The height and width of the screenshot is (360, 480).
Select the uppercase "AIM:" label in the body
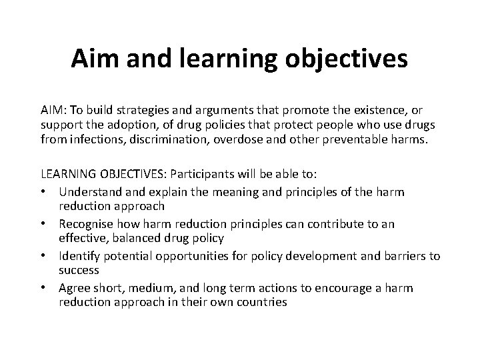tap(52, 109)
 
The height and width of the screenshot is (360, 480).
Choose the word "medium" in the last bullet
tap(145, 288)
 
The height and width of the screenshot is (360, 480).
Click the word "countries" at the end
tap(264, 301)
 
